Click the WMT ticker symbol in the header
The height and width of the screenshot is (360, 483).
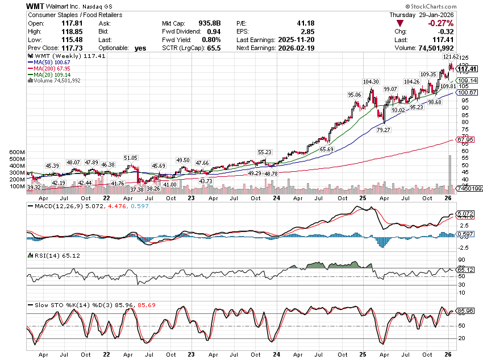coord(35,6)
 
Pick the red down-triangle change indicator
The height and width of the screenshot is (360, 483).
coord(401,23)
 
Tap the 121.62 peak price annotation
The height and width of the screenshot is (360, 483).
coord(451,57)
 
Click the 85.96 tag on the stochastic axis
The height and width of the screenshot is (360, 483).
coord(466,311)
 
